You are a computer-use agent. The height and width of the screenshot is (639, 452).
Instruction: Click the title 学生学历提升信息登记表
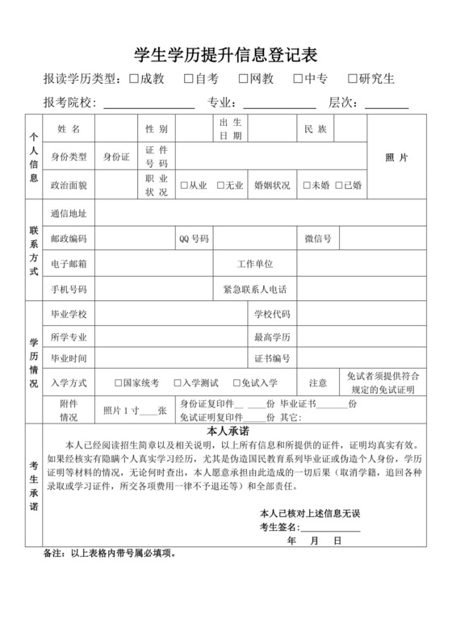225,55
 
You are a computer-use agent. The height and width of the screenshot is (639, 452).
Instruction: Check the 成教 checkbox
133,79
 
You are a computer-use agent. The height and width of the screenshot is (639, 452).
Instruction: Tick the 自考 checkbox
188,79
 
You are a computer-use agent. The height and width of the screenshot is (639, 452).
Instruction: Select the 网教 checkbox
243,79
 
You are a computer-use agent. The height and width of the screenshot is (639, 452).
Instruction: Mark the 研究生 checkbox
353,79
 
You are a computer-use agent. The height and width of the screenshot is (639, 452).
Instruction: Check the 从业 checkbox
185,185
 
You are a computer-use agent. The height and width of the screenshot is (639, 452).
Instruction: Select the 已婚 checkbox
340,185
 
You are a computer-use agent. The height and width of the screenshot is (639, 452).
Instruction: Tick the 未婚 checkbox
307,185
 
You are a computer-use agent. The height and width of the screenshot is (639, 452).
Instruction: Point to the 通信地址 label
68,214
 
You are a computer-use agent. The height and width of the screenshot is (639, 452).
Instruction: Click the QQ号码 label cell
194,239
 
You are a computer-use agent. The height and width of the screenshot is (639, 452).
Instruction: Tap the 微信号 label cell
317,239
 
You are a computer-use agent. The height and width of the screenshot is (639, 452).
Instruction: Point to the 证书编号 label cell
272,357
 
